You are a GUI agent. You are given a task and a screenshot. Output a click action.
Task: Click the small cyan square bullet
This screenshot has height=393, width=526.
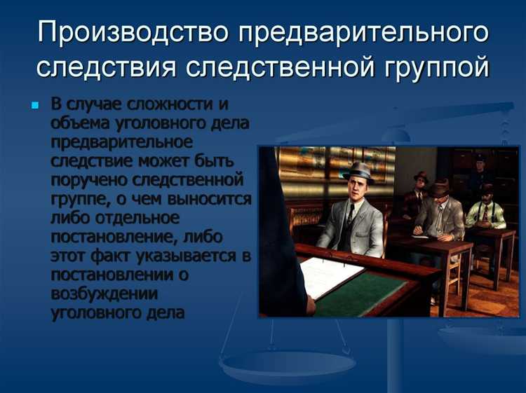click(x=36, y=106)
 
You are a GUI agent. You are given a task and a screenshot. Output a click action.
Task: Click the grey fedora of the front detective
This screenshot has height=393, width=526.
click(x=359, y=170)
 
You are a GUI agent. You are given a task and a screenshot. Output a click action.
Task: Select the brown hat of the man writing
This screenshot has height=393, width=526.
click(x=440, y=187)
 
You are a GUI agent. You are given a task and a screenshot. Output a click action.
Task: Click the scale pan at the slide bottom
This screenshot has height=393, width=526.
click(x=287, y=364)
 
